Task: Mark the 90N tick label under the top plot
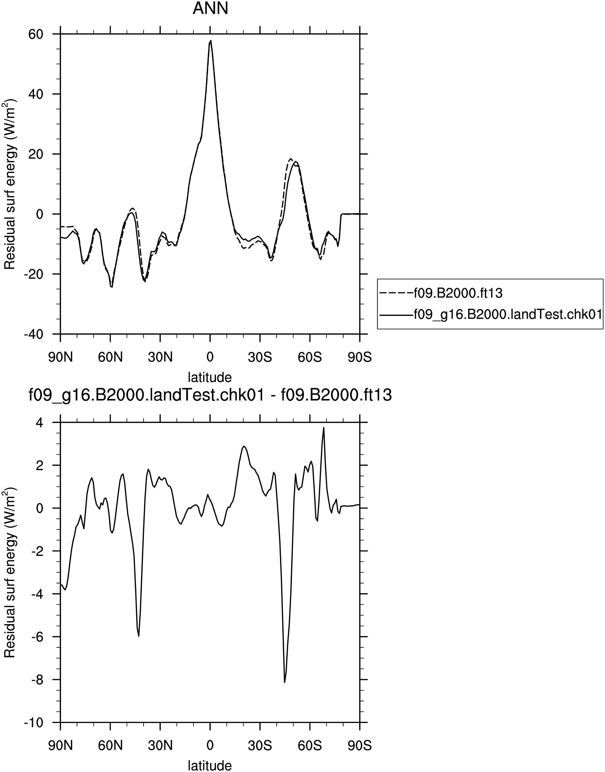(x=61, y=357)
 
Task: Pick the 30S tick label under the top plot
(x=260, y=357)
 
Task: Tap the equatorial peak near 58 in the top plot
(x=211, y=41)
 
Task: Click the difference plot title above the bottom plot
(x=210, y=395)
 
